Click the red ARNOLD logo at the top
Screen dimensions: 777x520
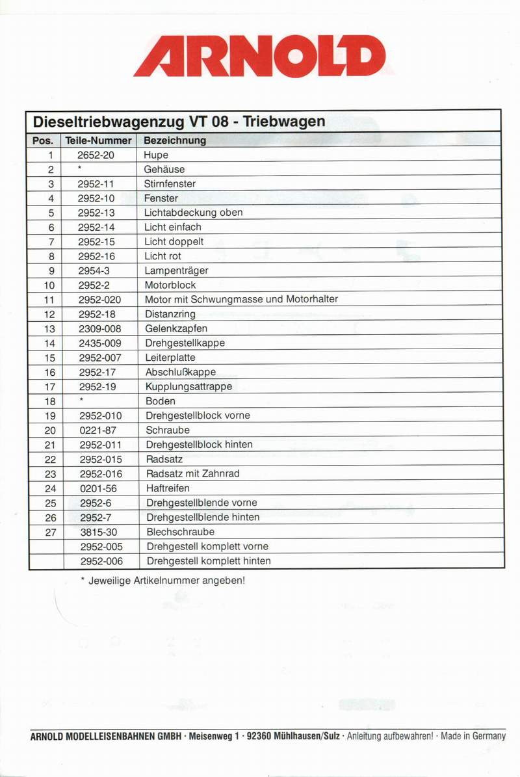pos(259,56)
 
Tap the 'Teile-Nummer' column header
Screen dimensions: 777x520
pos(99,140)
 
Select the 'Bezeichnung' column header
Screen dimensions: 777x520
pos(175,140)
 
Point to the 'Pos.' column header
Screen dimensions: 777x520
pos(44,140)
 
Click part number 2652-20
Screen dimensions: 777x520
pos(96,155)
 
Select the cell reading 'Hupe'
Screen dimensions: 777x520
pos(156,155)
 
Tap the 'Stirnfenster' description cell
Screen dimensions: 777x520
pos(170,184)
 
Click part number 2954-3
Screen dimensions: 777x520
pos(93,270)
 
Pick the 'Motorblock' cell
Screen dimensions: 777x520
pos(170,285)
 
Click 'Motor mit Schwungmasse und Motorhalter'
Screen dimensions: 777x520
pos(241,300)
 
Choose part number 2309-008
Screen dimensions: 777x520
pos(99,328)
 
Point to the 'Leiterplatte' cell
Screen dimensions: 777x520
pos(170,358)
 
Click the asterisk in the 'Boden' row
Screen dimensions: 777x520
pos(81,401)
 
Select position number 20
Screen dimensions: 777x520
pos(50,430)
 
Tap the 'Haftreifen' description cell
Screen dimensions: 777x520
pos(168,488)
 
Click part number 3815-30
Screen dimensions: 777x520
pos(98,532)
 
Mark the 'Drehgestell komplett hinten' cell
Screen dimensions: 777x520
pos(209,561)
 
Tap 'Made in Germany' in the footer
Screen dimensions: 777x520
pos(473,737)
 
